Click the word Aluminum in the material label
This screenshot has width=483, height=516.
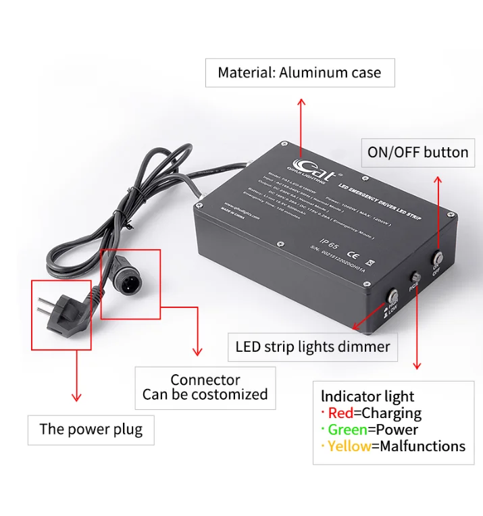click(x=312, y=73)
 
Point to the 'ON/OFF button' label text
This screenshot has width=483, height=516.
click(x=417, y=152)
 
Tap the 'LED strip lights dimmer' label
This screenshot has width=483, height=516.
click(x=313, y=347)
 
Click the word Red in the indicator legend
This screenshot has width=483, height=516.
click(x=340, y=413)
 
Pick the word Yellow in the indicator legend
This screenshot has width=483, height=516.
click(x=349, y=446)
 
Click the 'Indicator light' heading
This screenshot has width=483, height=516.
click(x=367, y=396)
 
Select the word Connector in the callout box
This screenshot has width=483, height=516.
click(x=205, y=380)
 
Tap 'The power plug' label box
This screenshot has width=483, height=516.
click(x=91, y=429)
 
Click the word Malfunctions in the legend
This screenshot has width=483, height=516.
click(x=423, y=446)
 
